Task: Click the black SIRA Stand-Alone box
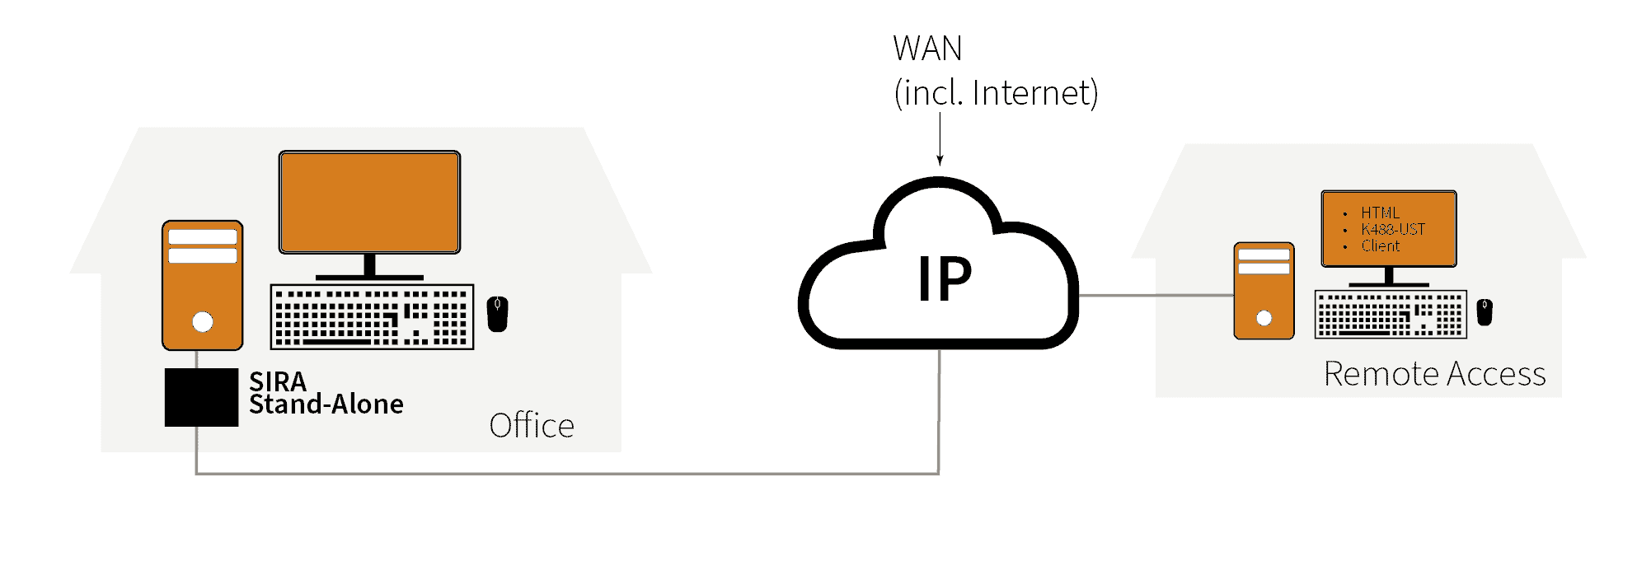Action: point(201,397)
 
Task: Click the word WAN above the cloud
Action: point(927,49)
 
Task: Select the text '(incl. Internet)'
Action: point(996,93)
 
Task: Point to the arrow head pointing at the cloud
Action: point(940,161)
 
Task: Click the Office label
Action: point(532,426)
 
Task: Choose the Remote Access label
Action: point(1434,374)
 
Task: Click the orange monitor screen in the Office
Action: point(369,202)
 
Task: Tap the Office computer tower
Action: point(202,284)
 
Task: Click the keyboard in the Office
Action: point(372,317)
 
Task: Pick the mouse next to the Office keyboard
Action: point(497,314)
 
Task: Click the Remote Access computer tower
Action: point(1264,290)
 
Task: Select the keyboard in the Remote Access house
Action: point(1391,315)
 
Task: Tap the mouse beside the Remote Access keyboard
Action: point(1485,312)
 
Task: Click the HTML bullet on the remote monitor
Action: point(1380,213)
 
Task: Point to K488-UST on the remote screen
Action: point(1393,230)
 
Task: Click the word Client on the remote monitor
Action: point(1381,246)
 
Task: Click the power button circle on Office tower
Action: point(203,322)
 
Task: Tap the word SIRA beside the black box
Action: point(278,381)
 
